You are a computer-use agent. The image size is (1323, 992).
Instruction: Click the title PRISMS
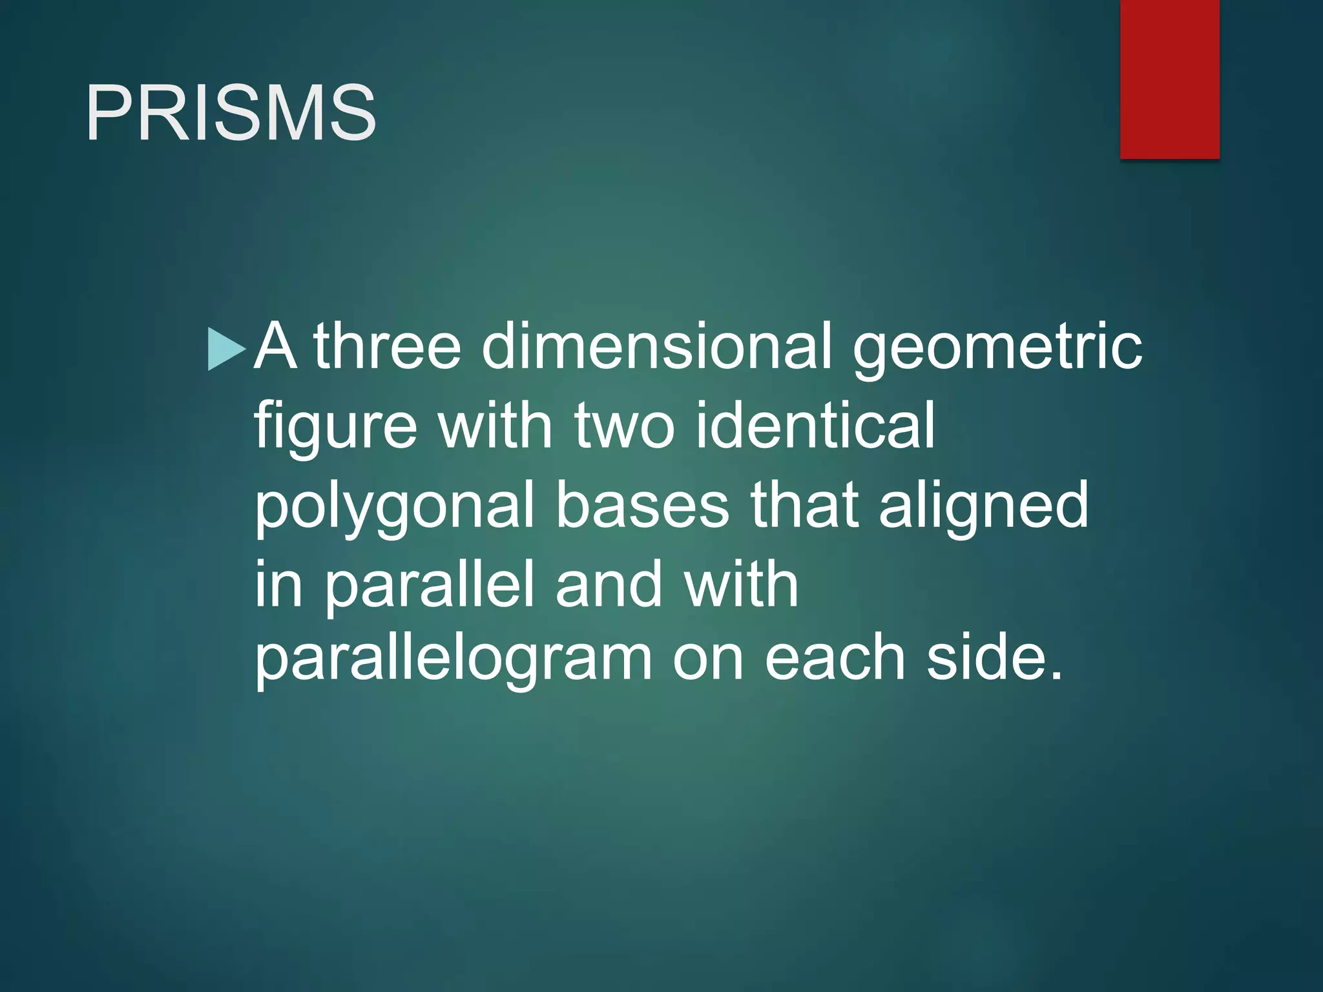tap(231, 113)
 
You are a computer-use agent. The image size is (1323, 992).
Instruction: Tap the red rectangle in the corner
tap(1169, 79)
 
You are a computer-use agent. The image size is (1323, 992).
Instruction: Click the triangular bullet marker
tap(225, 349)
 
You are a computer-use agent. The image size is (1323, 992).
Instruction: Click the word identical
tap(815, 426)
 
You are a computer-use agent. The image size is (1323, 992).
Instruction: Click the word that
tap(804, 505)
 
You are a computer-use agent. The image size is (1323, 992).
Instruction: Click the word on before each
tap(708, 661)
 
